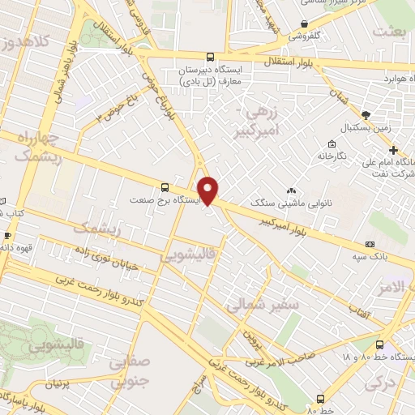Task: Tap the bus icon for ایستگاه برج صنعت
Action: click(x=165, y=185)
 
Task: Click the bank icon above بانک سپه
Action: click(x=370, y=244)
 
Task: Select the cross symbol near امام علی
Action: click(x=393, y=151)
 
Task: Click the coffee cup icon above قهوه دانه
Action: click(x=7, y=236)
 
